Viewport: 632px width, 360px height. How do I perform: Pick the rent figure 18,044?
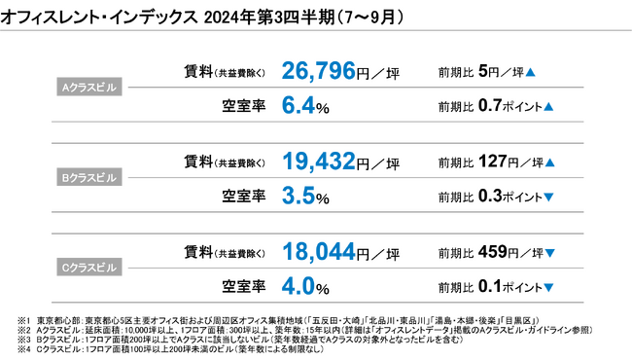(319, 253)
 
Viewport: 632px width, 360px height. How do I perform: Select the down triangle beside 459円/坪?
(549, 254)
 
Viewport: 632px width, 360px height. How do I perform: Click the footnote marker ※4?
(24, 349)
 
